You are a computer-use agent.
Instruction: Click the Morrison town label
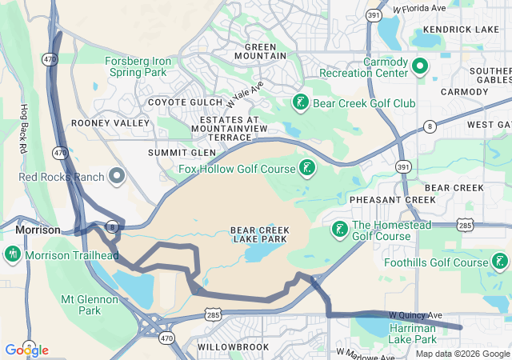pos(38,230)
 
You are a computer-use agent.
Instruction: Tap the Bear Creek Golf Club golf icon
pos(300,102)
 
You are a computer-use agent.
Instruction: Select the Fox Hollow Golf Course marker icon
pos(306,167)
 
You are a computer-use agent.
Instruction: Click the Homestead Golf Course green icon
pos(339,230)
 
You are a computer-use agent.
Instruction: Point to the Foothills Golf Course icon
pos(500,262)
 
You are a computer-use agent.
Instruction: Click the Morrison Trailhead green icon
pos(12,254)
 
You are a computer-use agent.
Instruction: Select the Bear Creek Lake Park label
pos(260,235)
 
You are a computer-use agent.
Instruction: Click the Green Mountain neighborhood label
pos(260,51)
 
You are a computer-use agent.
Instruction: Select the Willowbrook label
pos(222,347)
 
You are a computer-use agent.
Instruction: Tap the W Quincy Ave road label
pos(416,315)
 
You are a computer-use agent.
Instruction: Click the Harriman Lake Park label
pos(412,334)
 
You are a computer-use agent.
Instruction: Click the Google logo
pos(26,350)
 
